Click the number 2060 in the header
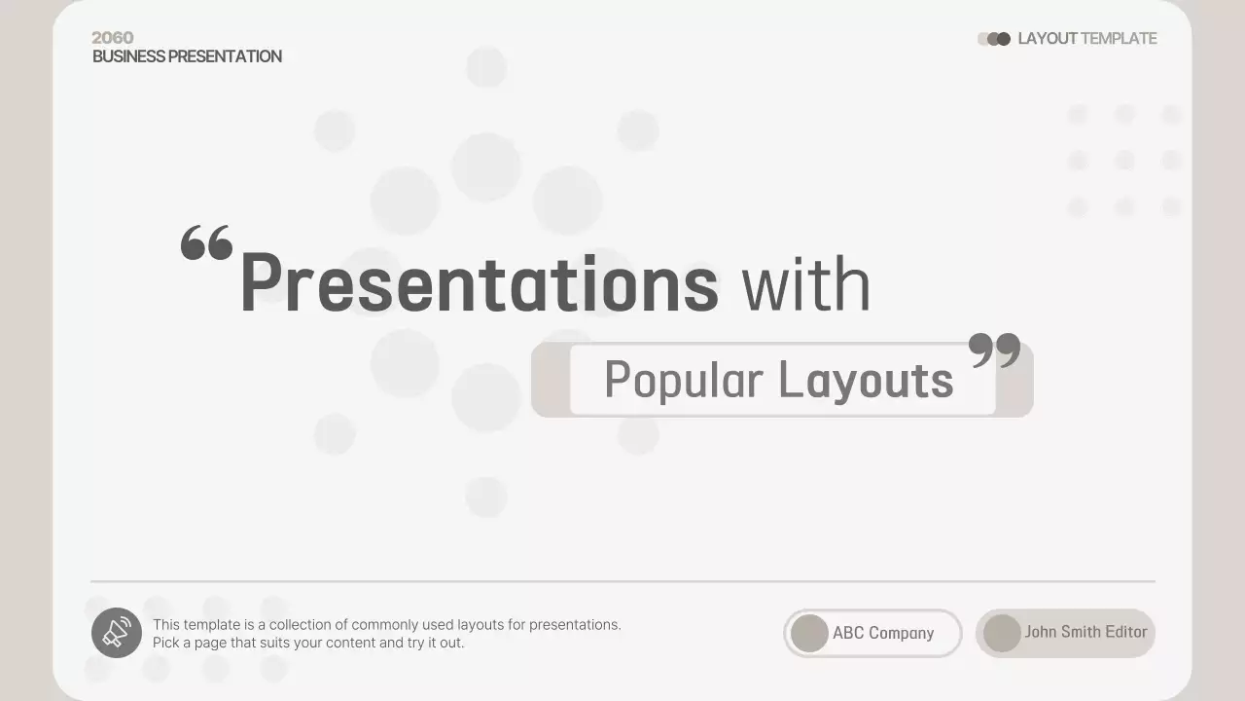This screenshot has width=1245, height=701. pos(113,38)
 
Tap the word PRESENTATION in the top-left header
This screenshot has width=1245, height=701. pos(226,56)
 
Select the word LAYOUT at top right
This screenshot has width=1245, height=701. pos(1047,39)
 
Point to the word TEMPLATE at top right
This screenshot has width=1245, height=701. pos(1119,39)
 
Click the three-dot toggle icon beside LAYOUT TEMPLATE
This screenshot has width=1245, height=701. pos(994,39)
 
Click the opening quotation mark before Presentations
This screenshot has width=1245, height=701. pos(206,242)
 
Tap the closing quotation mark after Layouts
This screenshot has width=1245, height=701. pos(995,350)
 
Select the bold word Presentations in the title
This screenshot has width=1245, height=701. pos(479,284)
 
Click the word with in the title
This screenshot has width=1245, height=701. pos(805,284)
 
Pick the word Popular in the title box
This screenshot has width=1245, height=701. pos(683,380)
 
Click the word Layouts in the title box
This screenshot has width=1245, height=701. pos(866,380)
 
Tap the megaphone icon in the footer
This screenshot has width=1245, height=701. pos(117,633)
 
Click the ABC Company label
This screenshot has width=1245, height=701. pos(883,633)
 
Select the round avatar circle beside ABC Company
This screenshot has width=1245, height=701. pos(809,633)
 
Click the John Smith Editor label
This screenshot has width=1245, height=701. pos(1085,632)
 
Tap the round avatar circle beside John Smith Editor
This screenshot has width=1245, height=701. pos(1002,633)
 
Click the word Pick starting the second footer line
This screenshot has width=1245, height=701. pos(166,643)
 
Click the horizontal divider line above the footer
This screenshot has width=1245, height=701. pos(622,581)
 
